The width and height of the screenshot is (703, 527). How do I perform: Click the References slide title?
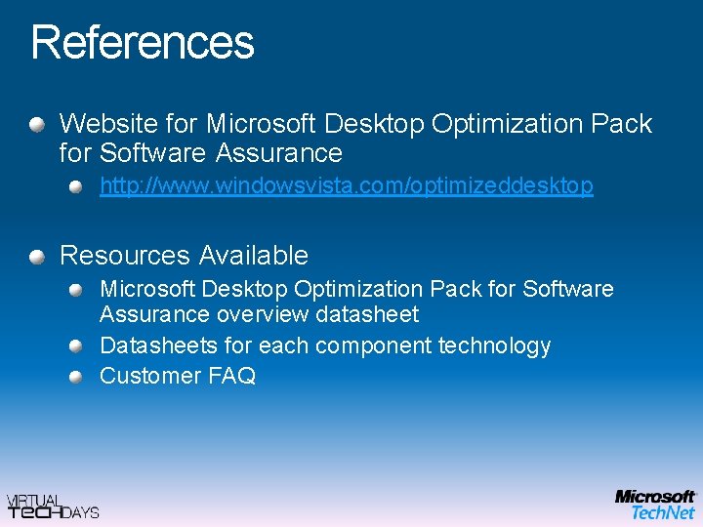(x=143, y=43)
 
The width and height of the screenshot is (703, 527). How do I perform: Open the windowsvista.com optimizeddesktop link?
(x=346, y=185)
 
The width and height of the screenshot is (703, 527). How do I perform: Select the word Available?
(x=253, y=256)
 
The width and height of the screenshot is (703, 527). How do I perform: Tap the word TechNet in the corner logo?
(x=663, y=512)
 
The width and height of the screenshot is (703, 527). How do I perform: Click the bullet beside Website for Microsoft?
(x=36, y=125)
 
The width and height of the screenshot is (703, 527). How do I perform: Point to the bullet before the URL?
(x=76, y=185)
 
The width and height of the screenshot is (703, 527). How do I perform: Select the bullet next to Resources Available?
(x=36, y=257)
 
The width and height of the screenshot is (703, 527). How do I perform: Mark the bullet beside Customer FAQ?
(x=76, y=377)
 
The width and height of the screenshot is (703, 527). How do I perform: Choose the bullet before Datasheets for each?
(x=76, y=346)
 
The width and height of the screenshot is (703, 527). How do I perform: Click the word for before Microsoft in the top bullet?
(x=183, y=124)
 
